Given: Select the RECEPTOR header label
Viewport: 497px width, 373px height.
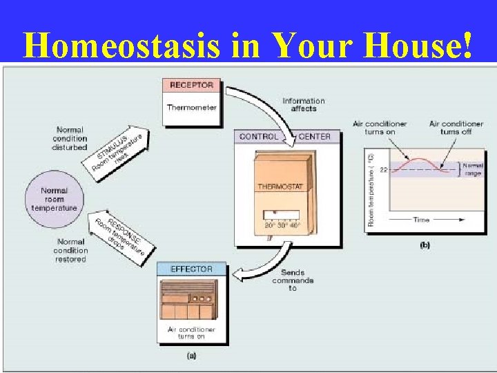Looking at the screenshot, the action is [x=191, y=86].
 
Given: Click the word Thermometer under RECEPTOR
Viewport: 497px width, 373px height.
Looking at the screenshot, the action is [x=191, y=107].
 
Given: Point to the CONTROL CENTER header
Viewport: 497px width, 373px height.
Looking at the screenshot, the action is [x=284, y=137].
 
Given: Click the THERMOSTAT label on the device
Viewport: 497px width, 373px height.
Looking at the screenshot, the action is [x=284, y=186].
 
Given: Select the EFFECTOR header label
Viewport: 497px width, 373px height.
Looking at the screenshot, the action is [x=191, y=269].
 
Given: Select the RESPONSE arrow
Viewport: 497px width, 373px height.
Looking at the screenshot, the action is [x=119, y=235].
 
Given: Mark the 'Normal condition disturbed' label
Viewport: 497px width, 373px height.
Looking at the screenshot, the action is [x=70, y=138].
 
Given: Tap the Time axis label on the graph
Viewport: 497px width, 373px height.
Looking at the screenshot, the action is [x=421, y=220].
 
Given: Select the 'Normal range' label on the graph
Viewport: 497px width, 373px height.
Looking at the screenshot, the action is [x=473, y=169].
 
